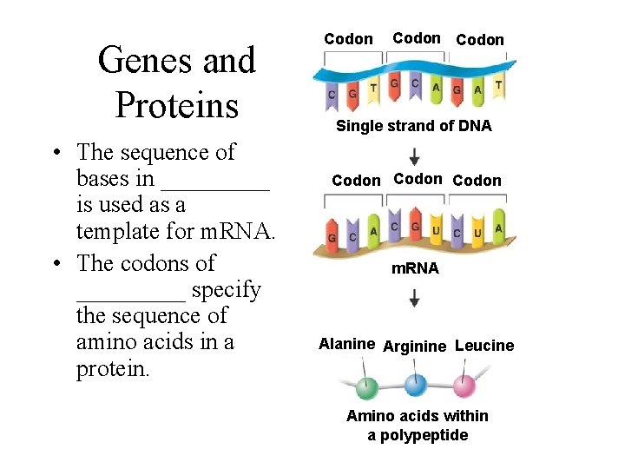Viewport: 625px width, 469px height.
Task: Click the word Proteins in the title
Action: click(x=176, y=105)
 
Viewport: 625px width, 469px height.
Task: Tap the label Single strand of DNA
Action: click(x=413, y=126)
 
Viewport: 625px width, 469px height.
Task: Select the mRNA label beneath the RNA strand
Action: click(x=415, y=268)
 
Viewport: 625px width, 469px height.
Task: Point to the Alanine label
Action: click(x=346, y=344)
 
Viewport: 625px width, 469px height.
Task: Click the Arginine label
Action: click(x=414, y=347)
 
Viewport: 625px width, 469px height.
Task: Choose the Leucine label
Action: click(x=484, y=346)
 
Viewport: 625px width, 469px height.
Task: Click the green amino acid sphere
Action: click(x=366, y=386)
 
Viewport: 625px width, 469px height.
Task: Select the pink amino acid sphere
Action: click(x=464, y=384)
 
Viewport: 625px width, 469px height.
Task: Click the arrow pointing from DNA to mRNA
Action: click(x=415, y=156)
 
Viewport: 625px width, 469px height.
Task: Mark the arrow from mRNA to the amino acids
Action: click(x=415, y=298)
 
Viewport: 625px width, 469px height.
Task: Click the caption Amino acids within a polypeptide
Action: click(x=417, y=426)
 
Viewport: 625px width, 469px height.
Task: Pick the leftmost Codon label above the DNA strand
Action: click(x=348, y=39)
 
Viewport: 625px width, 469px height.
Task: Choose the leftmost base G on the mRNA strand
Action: click(x=332, y=236)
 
